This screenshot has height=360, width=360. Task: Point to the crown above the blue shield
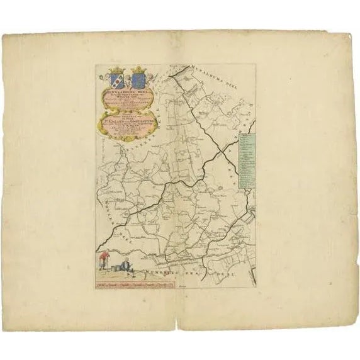click(138, 71)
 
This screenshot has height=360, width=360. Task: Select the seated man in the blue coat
click(125, 266)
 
